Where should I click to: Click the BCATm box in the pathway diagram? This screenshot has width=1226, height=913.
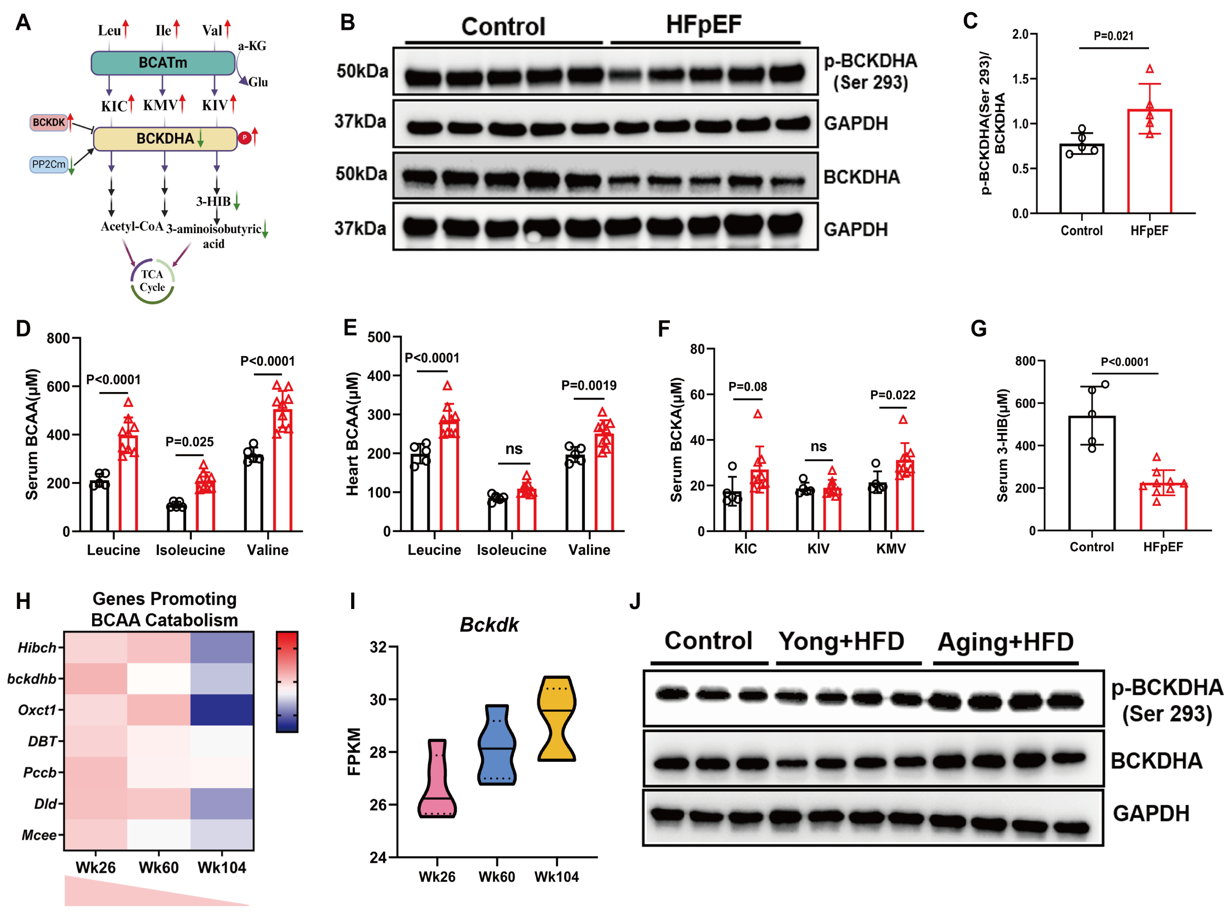tap(163, 63)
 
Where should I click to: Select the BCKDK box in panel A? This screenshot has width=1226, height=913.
tap(49, 122)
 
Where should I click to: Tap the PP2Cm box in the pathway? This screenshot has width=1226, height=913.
tap(49, 164)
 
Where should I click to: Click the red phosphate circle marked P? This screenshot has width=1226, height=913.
tap(244, 138)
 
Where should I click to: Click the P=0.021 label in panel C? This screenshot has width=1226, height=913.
tap(1113, 36)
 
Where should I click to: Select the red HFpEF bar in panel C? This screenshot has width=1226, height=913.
tap(1149, 161)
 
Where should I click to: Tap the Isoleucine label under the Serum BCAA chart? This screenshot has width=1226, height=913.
tap(190, 550)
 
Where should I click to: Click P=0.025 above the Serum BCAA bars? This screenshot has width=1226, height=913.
tap(190, 442)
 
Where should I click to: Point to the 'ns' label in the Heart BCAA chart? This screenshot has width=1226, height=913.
tap(514, 449)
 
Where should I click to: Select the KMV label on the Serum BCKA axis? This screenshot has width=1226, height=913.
tap(891, 548)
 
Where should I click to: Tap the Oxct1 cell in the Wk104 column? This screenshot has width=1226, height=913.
tap(222, 710)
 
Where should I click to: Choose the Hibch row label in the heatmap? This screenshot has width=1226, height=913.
tap(37, 648)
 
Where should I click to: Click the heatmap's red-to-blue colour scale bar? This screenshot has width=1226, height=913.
tap(287, 682)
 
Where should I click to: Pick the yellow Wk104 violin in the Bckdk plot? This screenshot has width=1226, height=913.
tap(557, 718)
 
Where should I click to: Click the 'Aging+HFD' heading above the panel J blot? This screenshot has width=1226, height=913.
tap(1005, 642)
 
